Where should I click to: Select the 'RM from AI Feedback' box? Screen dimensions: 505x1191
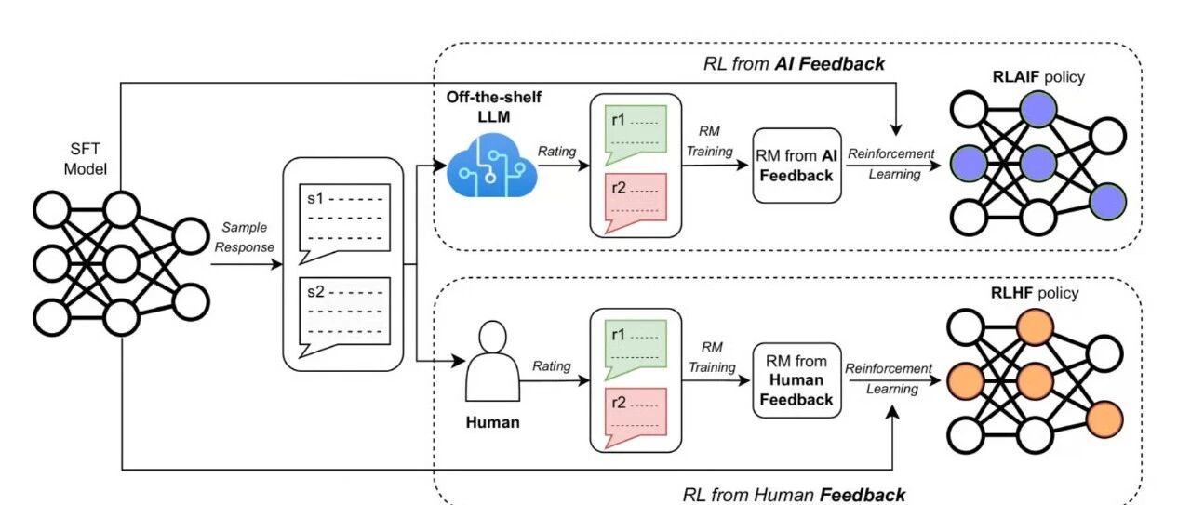pos(796,166)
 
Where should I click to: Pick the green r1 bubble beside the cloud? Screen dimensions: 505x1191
pos(634,130)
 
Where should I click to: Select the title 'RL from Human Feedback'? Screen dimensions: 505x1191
pos(794,494)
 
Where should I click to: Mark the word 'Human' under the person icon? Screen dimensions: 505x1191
pos(492,423)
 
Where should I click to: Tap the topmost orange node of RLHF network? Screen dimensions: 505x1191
pos(1035,327)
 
